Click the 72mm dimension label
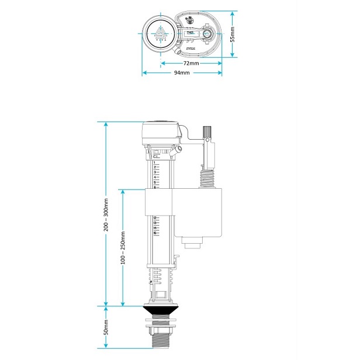click(x=191, y=63)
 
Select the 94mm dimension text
click(x=182, y=73)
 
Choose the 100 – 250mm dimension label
click(x=123, y=247)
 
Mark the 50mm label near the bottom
click(x=106, y=328)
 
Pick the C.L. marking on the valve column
click(x=155, y=157)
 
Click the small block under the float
click(x=192, y=241)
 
